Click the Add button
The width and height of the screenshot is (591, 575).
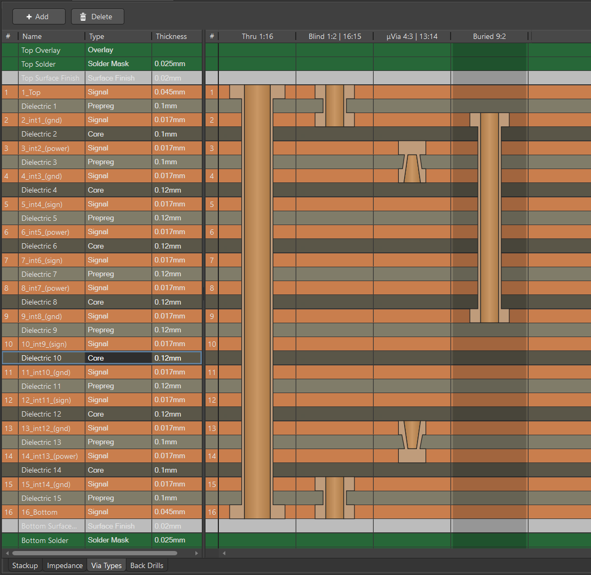coord(38,17)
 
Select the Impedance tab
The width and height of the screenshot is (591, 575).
coord(65,565)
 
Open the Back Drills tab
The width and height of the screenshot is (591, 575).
coord(147,565)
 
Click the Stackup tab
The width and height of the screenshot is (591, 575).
coord(25,565)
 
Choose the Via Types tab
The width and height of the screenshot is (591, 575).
coord(107,565)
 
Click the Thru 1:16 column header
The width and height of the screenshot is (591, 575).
coord(257,36)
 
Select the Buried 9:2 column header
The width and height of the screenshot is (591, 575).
coord(489,36)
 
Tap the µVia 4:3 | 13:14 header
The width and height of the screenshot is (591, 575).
coord(412,36)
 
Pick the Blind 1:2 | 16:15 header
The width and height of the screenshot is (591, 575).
coord(335,36)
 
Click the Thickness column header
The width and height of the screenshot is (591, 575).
coord(171,36)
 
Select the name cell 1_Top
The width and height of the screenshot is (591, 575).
coord(31,92)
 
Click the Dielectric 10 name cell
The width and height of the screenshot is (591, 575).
coord(41,358)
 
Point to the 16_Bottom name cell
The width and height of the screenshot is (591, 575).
coord(39,512)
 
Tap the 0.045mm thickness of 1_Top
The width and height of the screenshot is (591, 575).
coord(170,92)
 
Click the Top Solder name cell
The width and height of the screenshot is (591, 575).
coord(38,64)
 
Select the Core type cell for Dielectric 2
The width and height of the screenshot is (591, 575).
coord(96,134)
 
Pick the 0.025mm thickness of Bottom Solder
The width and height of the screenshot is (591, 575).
coord(170,540)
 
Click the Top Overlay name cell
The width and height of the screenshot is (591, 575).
coord(41,50)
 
